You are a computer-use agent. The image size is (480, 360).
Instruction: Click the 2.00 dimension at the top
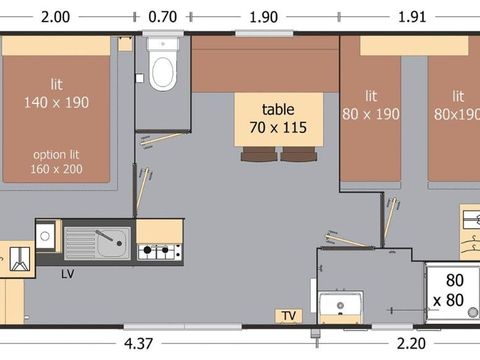[56, 17]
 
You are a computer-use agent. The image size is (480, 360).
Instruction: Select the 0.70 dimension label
[161, 17]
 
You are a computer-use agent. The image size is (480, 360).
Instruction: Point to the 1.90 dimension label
[263, 17]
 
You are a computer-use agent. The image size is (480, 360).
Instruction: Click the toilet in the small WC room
[161, 70]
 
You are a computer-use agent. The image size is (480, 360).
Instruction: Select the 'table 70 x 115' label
[279, 118]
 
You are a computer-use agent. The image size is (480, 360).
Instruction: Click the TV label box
[289, 316]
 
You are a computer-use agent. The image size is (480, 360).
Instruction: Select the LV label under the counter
[67, 272]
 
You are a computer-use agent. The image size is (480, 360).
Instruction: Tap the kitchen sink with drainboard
[96, 240]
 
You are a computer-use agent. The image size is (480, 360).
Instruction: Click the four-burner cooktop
[158, 251]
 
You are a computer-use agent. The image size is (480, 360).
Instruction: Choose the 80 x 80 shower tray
[452, 292]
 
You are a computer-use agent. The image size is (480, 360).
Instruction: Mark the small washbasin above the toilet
[161, 44]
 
